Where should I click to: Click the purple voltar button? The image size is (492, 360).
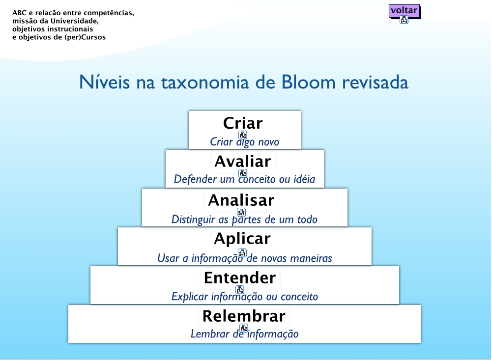pyautogui.click(x=404, y=11)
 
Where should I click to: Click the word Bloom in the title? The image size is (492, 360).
pyautogui.click(x=308, y=82)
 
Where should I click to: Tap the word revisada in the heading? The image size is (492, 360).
pyautogui.click(x=375, y=82)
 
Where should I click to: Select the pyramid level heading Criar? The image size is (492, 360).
pyautogui.click(x=243, y=123)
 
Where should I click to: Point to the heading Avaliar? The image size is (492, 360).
pyautogui.click(x=243, y=162)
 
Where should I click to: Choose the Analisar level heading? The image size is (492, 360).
pyautogui.click(x=241, y=200)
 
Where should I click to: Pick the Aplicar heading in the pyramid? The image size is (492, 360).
pyautogui.click(x=242, y=239)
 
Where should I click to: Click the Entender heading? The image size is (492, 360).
pyautogui.click(x=240, y=278)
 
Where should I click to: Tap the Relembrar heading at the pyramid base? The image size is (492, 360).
pyautogui.click(x=244, y=316)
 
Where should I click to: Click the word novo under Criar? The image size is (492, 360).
pyautogui.click(x=268, y=142)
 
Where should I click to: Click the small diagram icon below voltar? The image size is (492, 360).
pyautogui.click(x=404, y=20)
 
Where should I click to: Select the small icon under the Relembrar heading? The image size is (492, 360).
pyautogui.click(x=244, y=328)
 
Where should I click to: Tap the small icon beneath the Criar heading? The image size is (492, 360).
pyautogui.click(x=242, y=135)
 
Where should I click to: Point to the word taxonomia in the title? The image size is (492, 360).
pyautogui.click(x=205, y=82)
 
